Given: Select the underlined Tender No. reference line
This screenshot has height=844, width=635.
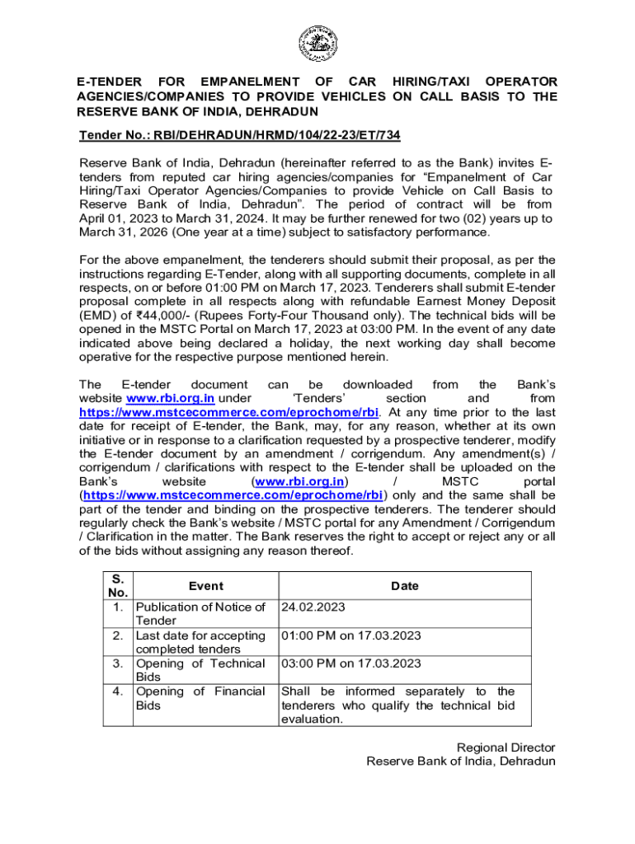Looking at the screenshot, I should pos(239,134).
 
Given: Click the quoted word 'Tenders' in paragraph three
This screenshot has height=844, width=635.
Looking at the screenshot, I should pos(318,399).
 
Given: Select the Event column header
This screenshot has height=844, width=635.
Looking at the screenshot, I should pos(205,586).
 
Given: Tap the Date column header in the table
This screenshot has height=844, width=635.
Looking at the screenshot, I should pos(404,586).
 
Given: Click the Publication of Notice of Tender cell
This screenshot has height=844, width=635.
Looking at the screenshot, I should pos(200,613).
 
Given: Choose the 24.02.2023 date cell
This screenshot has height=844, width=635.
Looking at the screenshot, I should pos(313,607).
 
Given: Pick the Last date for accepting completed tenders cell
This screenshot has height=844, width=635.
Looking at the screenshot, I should pos(200,641).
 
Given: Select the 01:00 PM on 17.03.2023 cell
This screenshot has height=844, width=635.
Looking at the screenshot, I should pos(351,635).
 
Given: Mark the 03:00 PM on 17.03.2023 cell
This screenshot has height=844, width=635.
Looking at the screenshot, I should pos(351,663).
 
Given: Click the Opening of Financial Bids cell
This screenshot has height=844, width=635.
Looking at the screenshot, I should pos(200,698).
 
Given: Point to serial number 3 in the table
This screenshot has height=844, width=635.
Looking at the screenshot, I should pos(119,663).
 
